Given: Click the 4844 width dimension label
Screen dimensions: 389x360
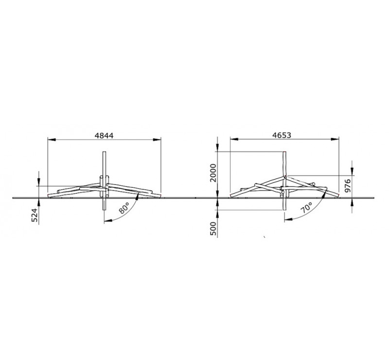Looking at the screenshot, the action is point(104,136).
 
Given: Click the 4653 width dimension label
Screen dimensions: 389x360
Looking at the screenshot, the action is point(282,135).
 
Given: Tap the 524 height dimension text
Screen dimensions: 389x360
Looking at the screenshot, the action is point(35,215).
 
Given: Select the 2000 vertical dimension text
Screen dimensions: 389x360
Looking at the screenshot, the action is point(213,173).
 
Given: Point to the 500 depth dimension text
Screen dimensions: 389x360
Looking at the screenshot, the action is point(213,229).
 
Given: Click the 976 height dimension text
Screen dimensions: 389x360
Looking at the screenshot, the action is point(348,186).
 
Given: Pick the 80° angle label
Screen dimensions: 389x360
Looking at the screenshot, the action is point(124,208).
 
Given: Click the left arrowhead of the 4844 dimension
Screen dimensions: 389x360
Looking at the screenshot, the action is point(51,140).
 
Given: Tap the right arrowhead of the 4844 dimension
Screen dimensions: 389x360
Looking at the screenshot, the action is point(157,140).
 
